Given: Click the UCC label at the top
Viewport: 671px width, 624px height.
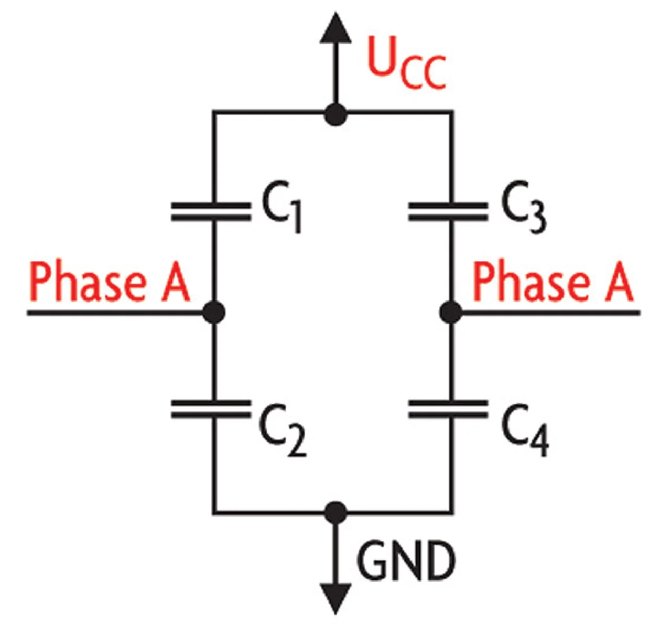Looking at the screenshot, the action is tap(407, 62).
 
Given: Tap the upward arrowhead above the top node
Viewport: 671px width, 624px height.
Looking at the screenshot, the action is tap(335, 28).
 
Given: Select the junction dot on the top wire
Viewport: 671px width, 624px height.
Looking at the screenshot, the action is tap(335, 115).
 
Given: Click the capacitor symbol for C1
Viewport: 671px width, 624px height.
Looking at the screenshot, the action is tap(211, 212).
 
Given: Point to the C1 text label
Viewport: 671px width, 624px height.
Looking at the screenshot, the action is tap(282, 207).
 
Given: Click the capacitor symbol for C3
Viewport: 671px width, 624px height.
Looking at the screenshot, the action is tap(448, 212).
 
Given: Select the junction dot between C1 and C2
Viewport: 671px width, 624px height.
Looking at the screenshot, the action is tap(214, 312).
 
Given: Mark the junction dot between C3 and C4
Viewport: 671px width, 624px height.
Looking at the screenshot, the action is tap(451, 312).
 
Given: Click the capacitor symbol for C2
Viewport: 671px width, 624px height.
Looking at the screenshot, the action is tap(211, 410).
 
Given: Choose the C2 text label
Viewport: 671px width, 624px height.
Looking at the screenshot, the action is tap(283, 430).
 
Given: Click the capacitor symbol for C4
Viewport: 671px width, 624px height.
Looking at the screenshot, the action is tap(448, 410).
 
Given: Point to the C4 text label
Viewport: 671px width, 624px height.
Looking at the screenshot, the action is tap(525, 430).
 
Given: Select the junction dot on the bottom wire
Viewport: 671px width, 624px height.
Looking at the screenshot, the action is tap(335, 513).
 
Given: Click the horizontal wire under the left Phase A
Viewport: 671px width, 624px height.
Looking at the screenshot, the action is tap(115, 313).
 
